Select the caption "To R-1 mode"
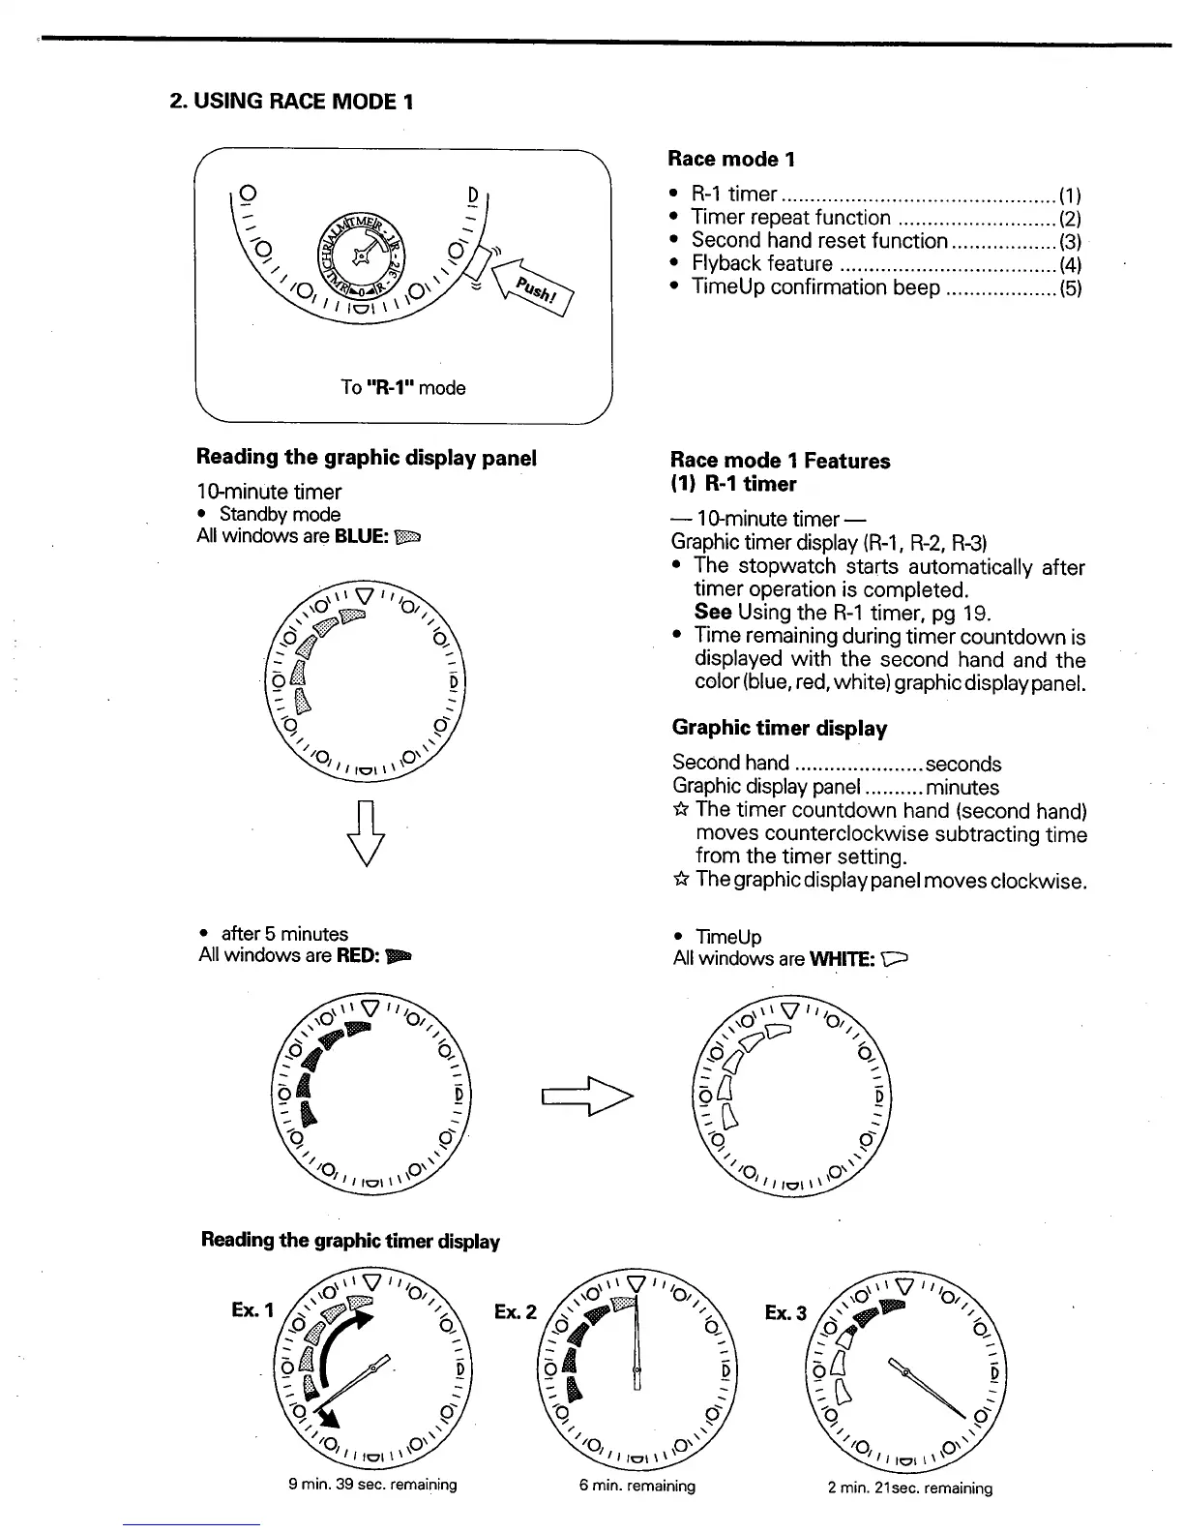pos(402,388)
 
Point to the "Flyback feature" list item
pos(761,264)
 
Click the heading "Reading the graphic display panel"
pos(366,458)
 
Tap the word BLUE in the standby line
pos(361,536)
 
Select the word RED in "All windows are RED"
pos(357,956)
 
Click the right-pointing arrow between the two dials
pos(586,1096)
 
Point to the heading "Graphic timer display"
pos(779,728)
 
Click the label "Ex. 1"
pos(252,1310)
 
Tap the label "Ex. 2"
pos(515,1312)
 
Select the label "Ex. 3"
pos(785,1313)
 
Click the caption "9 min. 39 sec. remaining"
pos(372,1485)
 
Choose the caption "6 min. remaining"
pos(636,1486)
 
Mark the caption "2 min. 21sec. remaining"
pos(909,1488)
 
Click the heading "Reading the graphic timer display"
pos(350,1241)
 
